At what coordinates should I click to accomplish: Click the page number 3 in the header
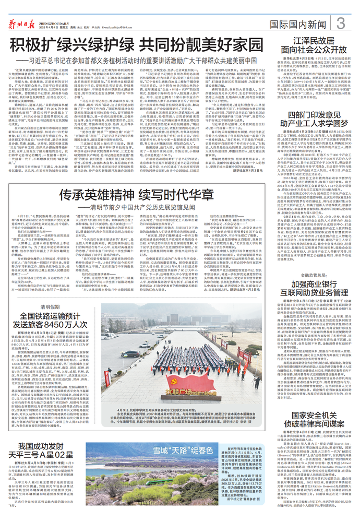(341, 23)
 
